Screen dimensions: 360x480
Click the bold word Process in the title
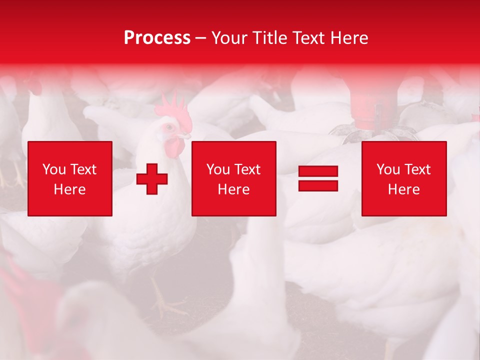point(157,38)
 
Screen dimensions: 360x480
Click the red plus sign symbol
point(152,179)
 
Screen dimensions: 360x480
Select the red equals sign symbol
point(318,178)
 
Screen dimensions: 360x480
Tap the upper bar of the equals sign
point(318,172)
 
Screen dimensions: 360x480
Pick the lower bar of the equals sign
point(318,185)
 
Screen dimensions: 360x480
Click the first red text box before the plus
point(70,178)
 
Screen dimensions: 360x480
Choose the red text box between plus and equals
point(233,178)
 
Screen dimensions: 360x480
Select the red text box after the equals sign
point(404,178)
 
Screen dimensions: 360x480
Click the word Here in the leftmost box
point(69,189)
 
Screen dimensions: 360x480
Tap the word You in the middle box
point(218,169)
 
